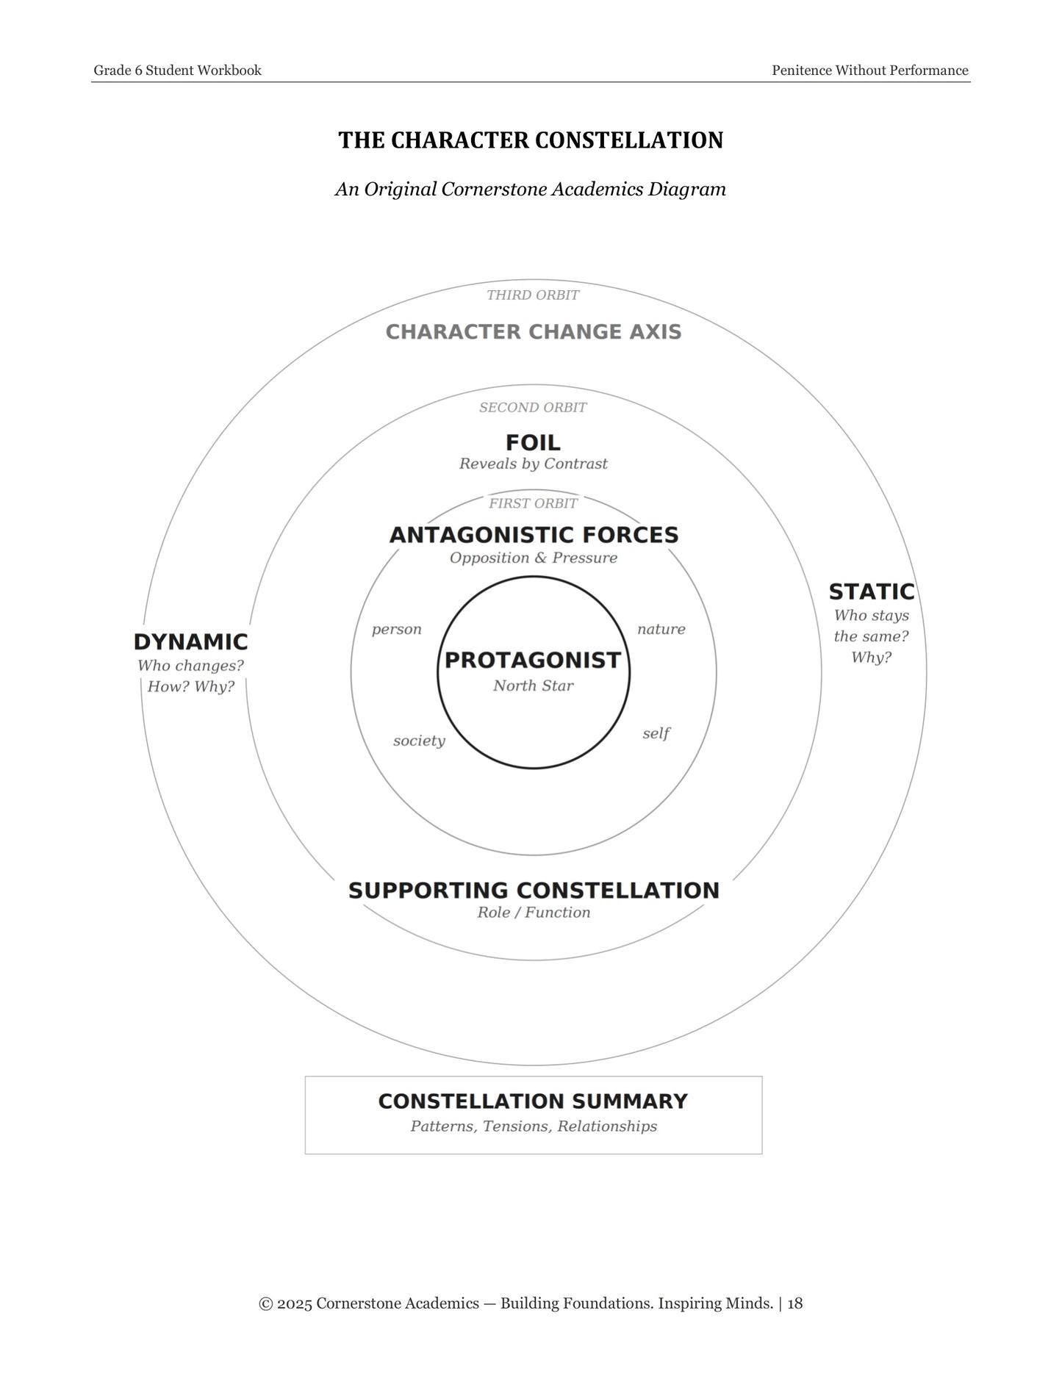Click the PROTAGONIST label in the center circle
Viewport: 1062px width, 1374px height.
click(533, 660)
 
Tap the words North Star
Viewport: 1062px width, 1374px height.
click(533, 686)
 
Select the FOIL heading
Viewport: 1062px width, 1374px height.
click(533, 442)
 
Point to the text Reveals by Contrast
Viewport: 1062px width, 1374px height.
click(533, 464)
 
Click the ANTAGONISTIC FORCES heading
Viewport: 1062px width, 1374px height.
click(534, 535)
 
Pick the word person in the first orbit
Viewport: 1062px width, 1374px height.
click(396, 630)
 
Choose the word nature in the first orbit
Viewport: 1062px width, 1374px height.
click(661, 629)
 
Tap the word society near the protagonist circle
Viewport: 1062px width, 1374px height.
click(419, 741)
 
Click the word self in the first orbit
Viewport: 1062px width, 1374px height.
click(656, 733)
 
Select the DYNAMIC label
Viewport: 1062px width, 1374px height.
click(190, 642)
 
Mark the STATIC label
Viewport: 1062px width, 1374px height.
click(872, 591)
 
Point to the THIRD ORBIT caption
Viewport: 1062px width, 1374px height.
click(533, 295)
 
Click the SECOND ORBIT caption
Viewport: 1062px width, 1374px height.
click(533, 407)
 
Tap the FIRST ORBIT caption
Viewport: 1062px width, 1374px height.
click(533, 503)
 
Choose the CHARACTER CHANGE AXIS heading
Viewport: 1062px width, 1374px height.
click(534, 332)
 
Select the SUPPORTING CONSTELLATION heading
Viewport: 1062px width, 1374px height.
click(534, 891)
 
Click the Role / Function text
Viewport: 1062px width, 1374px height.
click(534, 913)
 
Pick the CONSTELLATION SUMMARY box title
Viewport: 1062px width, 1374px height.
click(533, 1101)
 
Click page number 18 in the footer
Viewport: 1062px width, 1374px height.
click(794, 1303)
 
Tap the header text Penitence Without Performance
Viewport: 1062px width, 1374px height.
click(870, 71)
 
